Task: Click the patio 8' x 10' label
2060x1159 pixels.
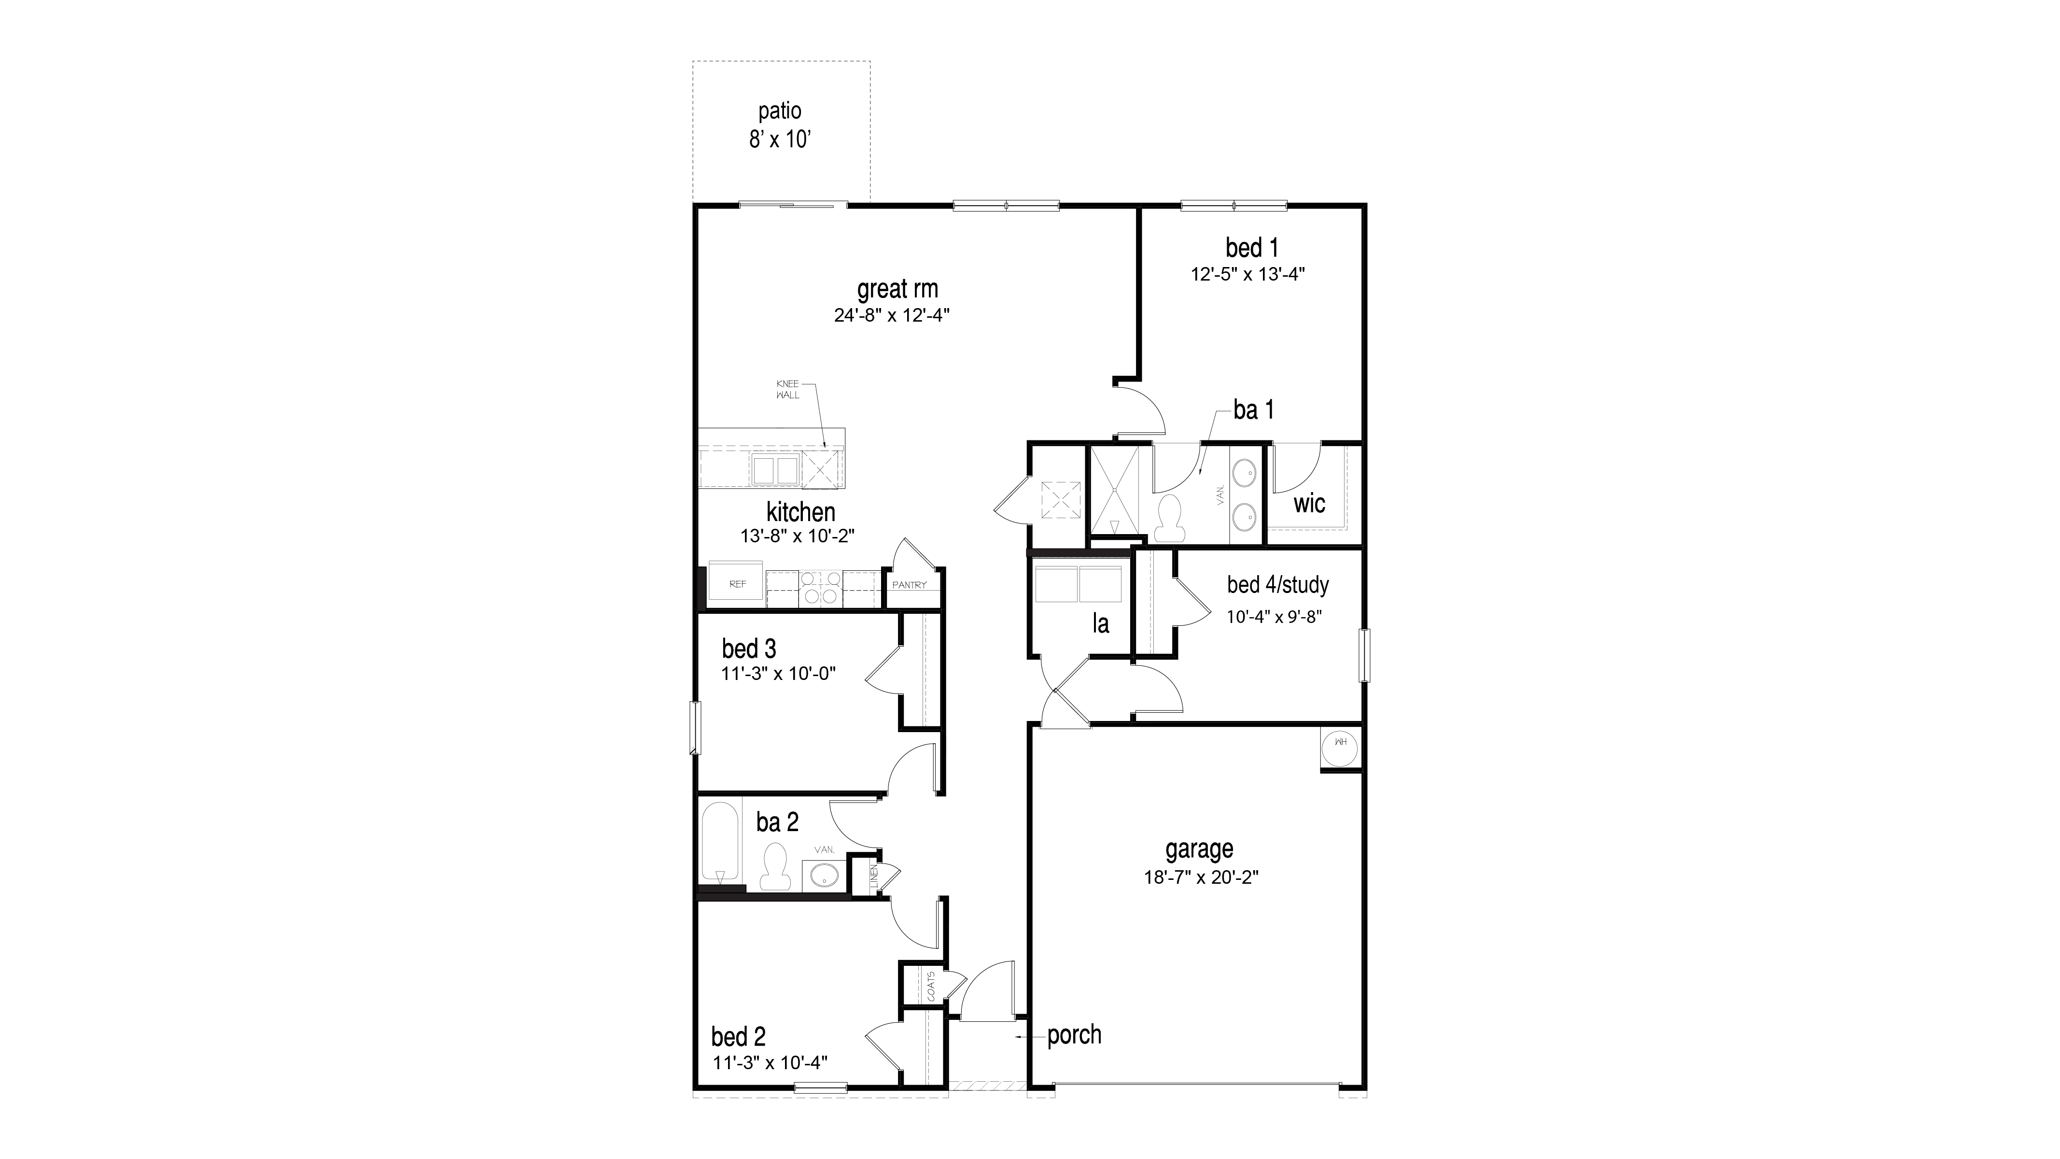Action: pos(780,126)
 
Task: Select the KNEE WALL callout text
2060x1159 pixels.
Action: pos(788,390)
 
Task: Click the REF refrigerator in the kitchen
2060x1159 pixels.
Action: pos(737,585)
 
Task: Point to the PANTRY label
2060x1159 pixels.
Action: pos(909,585)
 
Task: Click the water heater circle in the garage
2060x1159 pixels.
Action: pos(1340,744)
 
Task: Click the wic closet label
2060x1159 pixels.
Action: pos(1309,504)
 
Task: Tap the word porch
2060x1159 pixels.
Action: pos(1074,1035)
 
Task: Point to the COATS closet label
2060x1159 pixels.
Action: pos(932,986)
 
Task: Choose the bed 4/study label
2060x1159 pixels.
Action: pos(1277,585)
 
